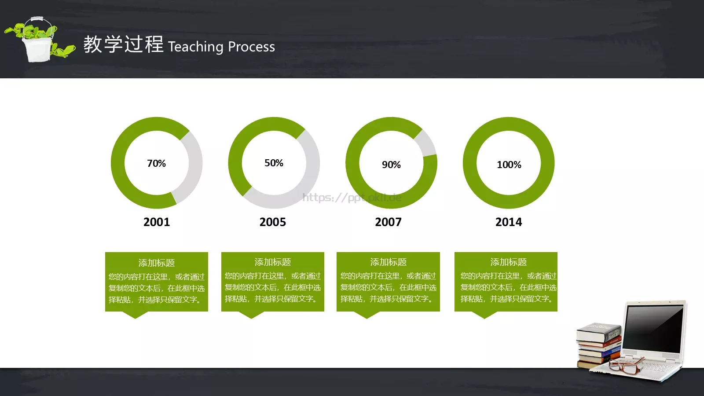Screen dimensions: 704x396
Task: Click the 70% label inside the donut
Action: [x=156, y=163]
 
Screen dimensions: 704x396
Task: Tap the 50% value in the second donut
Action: [x=274, y=163]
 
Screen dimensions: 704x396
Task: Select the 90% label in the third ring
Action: [x=391, y=165]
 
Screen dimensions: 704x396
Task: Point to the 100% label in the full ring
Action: [x=509, y=165]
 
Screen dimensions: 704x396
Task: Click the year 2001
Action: [x=157, y=222]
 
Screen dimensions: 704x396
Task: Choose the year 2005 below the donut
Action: [x=272, y=222]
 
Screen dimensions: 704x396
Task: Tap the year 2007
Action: [x=388, y=222]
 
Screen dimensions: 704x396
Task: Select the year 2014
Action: [x=509, y=222]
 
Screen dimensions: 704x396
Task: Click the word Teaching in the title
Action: [x=196, y=47]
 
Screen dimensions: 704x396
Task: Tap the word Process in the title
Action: [x=251, y=47]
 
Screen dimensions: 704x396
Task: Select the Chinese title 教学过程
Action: [x=123, y=44]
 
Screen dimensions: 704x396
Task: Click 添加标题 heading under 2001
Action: [x=157, y=263]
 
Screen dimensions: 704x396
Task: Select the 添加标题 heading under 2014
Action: [x=509, y=262]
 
